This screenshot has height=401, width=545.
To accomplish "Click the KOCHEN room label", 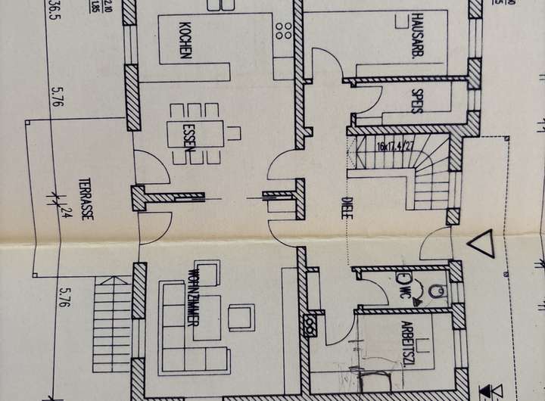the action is point(185,40).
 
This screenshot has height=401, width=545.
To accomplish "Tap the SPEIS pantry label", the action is point(415,101).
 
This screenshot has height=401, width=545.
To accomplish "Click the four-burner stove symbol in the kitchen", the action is point(285,29).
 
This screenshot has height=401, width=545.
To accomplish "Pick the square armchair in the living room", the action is point(241,317).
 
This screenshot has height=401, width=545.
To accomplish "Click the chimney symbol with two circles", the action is point(310,328).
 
